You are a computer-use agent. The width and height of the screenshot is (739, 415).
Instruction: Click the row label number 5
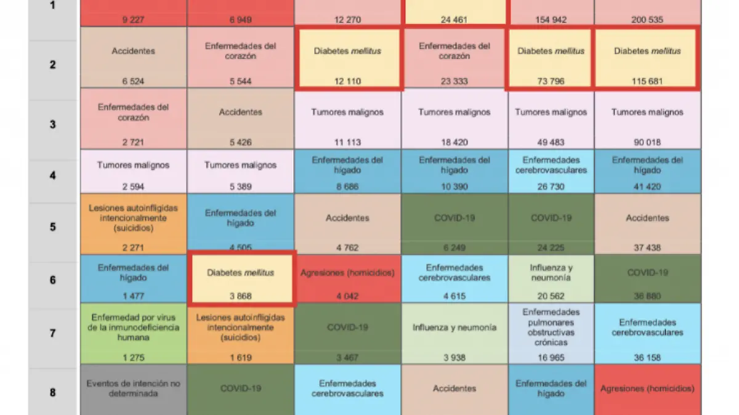(53, 227)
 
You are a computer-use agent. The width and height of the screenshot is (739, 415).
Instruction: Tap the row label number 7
(53, 333)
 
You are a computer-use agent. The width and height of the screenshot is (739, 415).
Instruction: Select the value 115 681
(647, 81)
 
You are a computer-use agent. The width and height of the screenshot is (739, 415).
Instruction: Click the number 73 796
(550, 81)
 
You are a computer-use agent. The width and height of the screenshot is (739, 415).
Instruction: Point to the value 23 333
(454, 81)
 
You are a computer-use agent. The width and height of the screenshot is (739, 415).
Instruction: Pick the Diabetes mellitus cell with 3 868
(241, 278)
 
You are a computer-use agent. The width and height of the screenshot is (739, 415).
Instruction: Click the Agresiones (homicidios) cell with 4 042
(348, 279)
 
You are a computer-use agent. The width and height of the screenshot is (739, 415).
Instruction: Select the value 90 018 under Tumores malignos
(647, 142)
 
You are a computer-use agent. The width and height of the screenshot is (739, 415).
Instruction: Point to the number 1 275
(133, 357)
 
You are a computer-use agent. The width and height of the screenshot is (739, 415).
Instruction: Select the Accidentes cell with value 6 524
(133, 63)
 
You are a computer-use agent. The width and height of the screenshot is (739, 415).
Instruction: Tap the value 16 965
(550, 357)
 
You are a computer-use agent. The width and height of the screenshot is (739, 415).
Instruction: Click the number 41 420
(647, 187)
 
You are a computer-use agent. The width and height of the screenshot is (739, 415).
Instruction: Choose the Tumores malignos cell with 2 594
(133, 175)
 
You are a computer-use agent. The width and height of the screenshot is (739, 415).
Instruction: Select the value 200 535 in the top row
(647, 20)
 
